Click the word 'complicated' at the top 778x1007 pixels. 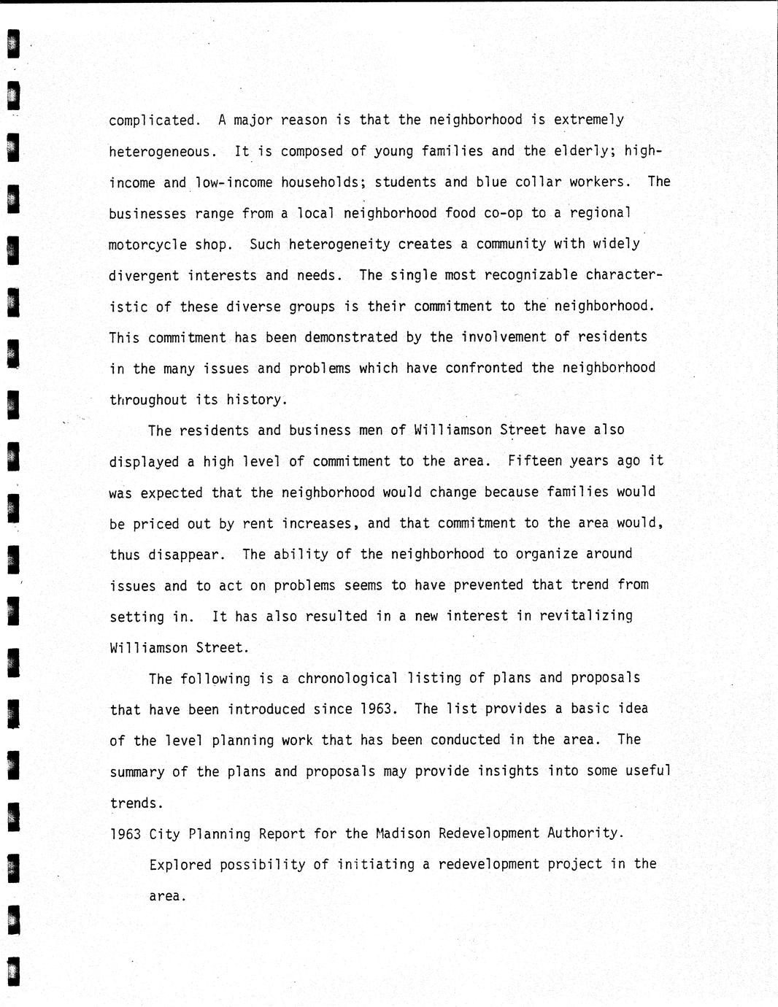coord(152,120)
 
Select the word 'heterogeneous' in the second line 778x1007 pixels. coord(160,152)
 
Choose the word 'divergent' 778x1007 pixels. coord(144,276)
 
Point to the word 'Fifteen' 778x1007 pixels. coord(534,461)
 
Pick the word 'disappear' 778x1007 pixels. coord(183,555)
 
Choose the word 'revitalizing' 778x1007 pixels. coord(586,616)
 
